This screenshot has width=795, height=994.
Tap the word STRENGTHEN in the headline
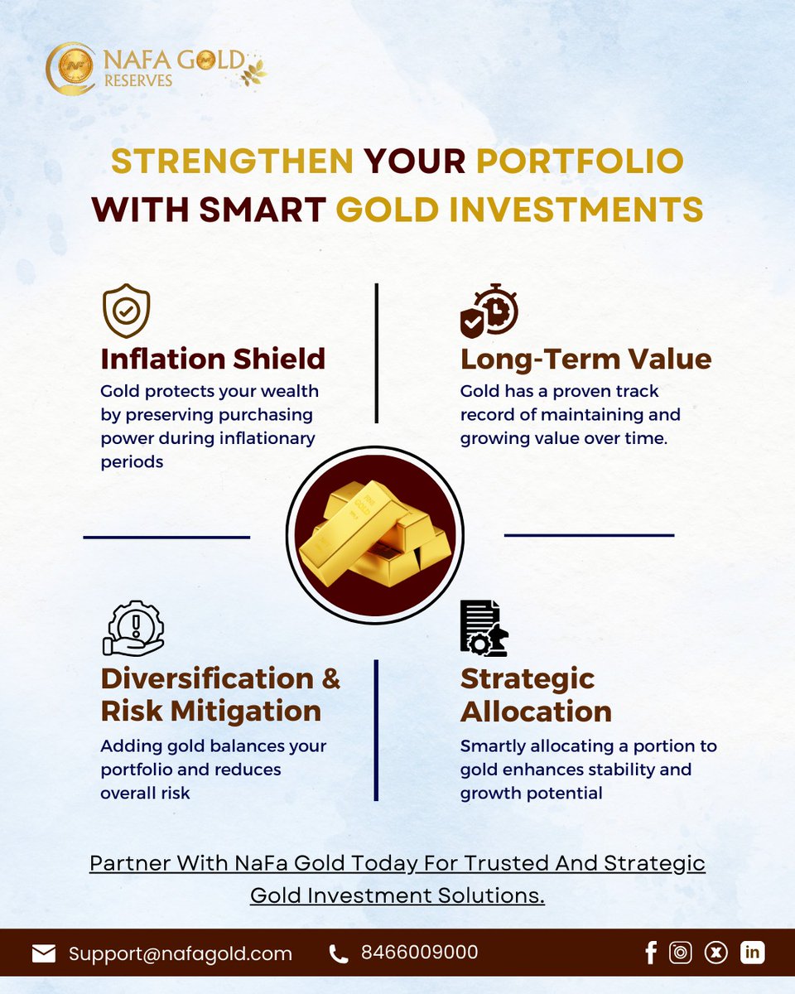(233, 162)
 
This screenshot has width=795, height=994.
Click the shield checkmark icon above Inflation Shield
(126, 311)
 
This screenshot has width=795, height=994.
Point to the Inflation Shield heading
(213, 359)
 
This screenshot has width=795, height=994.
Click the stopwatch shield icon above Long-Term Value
(489, 310)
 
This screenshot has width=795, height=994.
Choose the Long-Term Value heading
(585, 359)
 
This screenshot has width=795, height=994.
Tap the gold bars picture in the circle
(375, 534)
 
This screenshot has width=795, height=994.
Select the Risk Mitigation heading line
(210, 711)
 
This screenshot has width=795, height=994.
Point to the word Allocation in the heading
(536, 711)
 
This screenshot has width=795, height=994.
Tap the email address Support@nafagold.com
(181, 953)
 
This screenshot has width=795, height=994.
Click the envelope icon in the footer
(44, 953)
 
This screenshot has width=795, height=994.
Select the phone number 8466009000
(420, 953)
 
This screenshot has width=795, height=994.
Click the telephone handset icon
(339, 954)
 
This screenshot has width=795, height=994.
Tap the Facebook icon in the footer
(651, 953)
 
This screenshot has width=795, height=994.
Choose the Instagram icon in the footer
(681, 953)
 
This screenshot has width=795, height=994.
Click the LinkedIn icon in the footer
(752, 953)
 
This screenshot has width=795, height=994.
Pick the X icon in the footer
(716, 953)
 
